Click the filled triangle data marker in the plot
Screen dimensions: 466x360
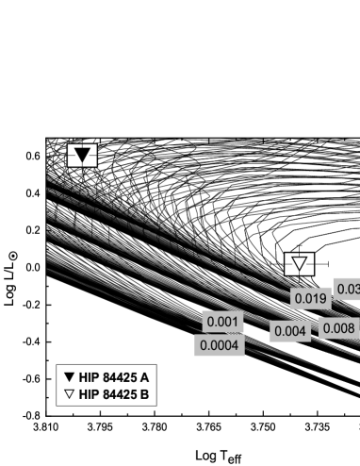click(83, 156)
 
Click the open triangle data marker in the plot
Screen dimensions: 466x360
click(300, 264)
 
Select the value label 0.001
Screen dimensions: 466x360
click(222, 322)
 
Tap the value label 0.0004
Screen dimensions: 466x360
click(219, 346)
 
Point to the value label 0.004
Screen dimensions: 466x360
click(290, 331)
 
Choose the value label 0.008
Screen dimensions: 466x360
click(337, 328)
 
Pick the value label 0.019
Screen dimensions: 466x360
click(310, 298)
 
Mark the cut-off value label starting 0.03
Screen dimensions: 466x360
click(347, 290)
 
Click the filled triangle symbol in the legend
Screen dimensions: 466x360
click(69, 377)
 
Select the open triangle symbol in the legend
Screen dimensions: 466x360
click(69, 394)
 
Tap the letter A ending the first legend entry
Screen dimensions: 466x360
click(144, 377)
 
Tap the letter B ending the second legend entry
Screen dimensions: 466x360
click(144, 394)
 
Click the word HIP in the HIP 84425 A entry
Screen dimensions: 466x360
click(89, 377)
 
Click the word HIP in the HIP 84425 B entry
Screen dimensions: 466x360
click(89, 394)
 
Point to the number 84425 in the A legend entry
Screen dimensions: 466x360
click(120, 377)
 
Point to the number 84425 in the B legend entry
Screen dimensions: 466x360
click(120, 394)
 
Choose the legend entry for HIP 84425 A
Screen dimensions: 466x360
click(106, 377)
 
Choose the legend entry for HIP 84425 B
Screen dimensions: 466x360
click(106, 394)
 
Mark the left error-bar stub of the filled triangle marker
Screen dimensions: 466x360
click(71, 156)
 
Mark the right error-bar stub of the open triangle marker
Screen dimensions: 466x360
click(311, 264)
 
